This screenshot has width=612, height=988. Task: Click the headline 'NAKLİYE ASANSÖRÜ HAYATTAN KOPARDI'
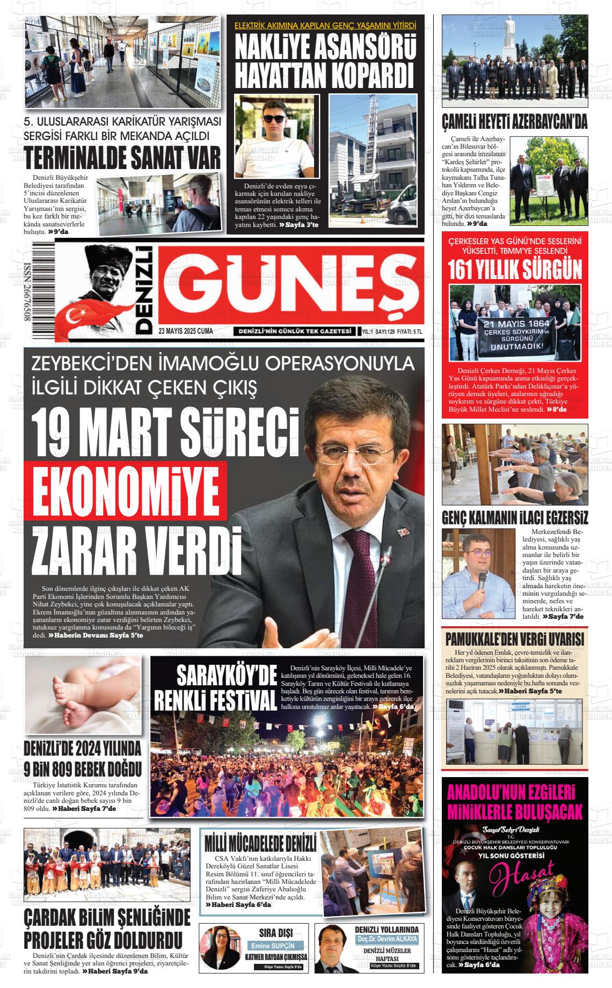click(325, 61)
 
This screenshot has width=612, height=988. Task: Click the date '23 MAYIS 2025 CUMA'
click(186, 332)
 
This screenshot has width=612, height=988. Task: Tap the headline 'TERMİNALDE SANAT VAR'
click(123, 158)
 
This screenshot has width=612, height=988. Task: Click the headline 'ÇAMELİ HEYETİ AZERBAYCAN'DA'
click(514, 122)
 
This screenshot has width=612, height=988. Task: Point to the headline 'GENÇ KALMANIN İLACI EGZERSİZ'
click(515, 518)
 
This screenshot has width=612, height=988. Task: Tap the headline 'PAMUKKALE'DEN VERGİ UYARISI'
click(514, 640)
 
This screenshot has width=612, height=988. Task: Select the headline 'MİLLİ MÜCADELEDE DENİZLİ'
click(260, 843)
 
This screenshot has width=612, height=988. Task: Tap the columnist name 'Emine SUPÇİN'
click(274, 946)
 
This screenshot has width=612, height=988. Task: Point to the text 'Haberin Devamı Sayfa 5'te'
click(96, 635)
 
